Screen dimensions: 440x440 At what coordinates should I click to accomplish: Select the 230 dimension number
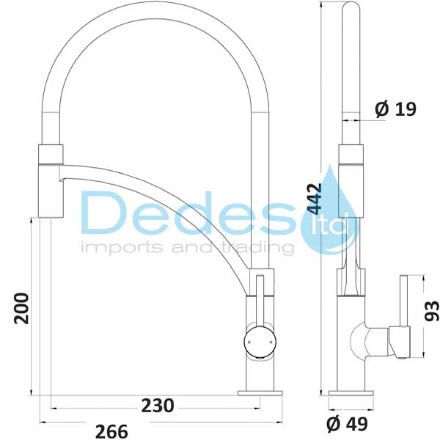(x=158, y=406)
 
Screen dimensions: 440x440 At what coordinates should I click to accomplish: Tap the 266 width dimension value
(x=111, y=431)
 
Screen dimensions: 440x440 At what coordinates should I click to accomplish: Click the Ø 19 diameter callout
(x=396, y=109)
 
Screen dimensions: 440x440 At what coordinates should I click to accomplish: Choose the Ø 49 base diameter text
(x=347, y=424)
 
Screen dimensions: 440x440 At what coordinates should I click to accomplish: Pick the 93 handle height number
(x=432, y=311)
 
